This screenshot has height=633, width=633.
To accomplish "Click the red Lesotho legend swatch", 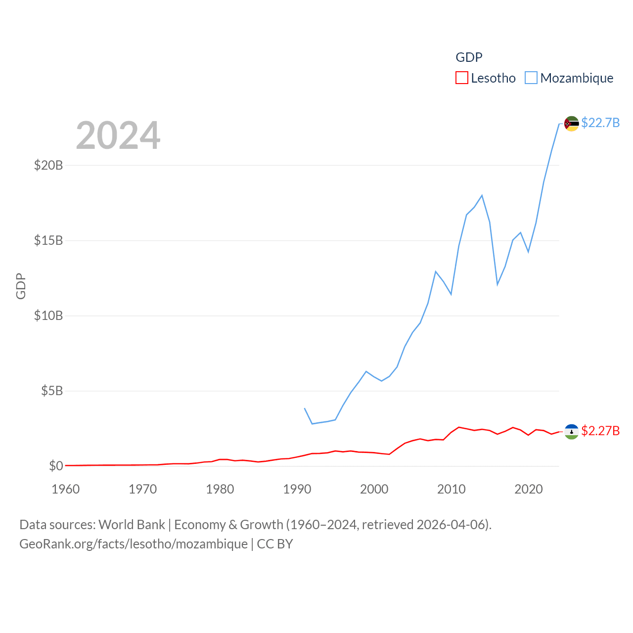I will pos(461,78).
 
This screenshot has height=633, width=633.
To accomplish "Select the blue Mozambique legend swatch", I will pos(531,78).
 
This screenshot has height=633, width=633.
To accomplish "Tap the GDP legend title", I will pos(469,57).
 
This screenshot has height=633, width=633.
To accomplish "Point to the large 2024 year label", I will pos(118,136).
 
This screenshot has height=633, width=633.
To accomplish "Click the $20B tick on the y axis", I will pos(48,165).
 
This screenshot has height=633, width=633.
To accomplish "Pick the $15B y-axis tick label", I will pos(48,240).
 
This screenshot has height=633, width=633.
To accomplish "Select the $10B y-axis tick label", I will pos(48,316).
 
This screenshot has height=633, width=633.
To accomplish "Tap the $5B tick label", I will pos(52,391).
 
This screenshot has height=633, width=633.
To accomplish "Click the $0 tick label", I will pos(56,466).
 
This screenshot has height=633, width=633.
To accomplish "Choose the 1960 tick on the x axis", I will pos(66,489).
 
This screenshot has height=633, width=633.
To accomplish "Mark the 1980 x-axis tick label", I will pos(220,489).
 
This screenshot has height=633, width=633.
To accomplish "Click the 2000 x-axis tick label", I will pos(374,489).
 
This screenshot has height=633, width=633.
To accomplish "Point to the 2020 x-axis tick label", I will pos(529,489).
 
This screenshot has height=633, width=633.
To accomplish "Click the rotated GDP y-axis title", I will pos(21,286).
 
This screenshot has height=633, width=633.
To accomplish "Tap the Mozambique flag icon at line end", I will pos(571,124).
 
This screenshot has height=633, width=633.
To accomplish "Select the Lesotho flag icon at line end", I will pos(571,432).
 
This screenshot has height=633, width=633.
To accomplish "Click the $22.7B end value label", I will pos(600,123).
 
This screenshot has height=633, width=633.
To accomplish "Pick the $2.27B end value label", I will pos(600,431).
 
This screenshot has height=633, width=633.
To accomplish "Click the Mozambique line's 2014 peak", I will pos(482,195).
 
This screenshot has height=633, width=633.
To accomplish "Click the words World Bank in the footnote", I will pos(132,524).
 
